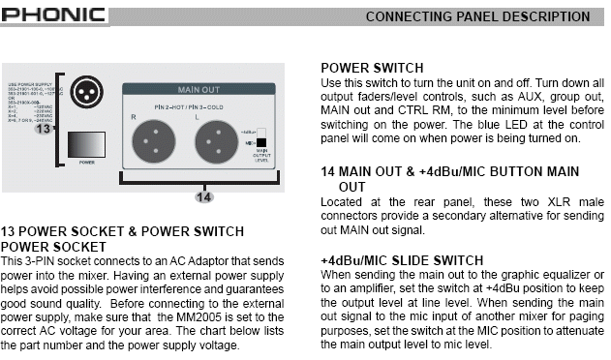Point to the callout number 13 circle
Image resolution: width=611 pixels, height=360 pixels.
[x=43, y=129]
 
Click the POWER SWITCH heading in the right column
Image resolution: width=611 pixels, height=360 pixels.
[x=372, y=68]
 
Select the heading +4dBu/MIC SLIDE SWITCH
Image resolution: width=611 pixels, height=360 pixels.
[x=402, y=261]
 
